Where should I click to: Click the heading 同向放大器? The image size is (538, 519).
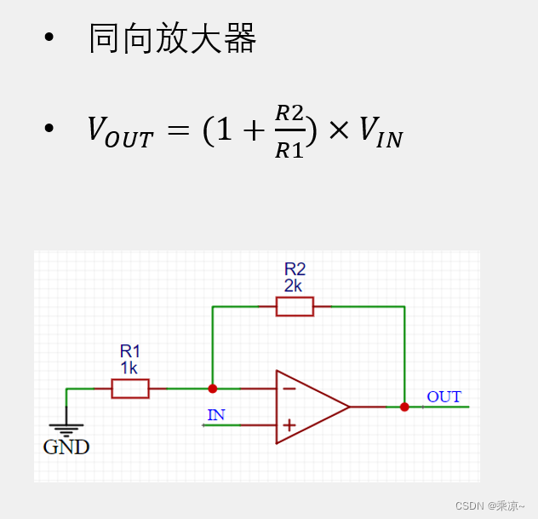[x=172, y=39]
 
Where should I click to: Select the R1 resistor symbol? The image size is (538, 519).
[x=130, y=389]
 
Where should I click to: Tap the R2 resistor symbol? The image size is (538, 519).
[x=295, y=306]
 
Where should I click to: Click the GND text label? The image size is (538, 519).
[x=66, y=447]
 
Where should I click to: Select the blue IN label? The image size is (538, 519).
[x=216, y=415]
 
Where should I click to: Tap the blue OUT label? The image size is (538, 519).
[x=444, y=397]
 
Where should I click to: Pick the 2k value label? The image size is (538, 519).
[x=293, y=285]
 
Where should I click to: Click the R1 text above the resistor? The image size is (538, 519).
[x=130, y=351]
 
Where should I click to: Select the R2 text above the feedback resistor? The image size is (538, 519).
[x=295, y=269]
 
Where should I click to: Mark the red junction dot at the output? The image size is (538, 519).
[x=404, y=407]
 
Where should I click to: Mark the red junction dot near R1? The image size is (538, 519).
[x=213, y=389]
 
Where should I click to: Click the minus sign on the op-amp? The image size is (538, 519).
[x=289, y=389]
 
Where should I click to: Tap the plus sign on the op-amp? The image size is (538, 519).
[x=289, y=424]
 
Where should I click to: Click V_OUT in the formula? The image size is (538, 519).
[x=120, y=131]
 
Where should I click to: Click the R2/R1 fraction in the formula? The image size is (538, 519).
[x=289, y=131]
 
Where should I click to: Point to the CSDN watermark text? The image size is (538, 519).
[x=489, y=505]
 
